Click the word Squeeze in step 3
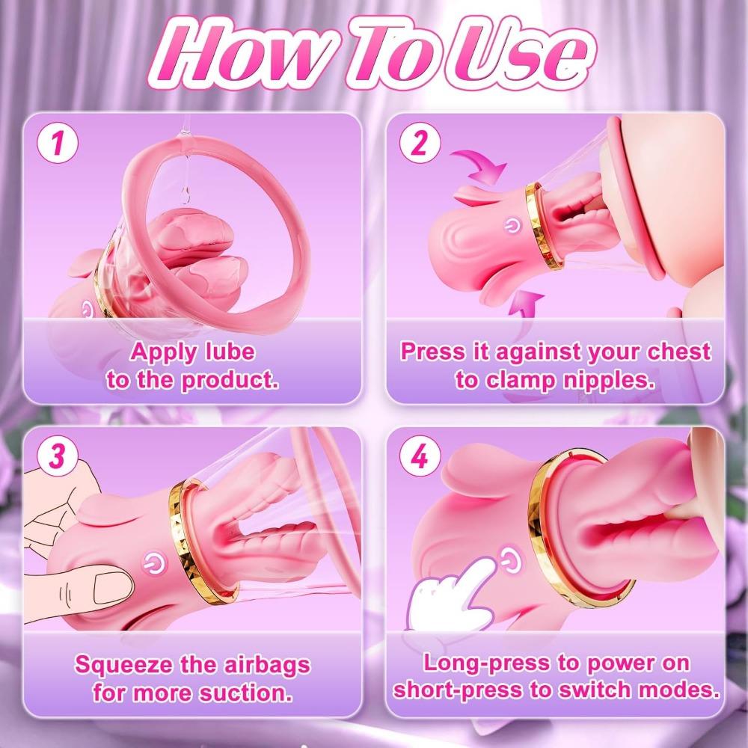[123, 664]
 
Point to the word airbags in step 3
[266, 664]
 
